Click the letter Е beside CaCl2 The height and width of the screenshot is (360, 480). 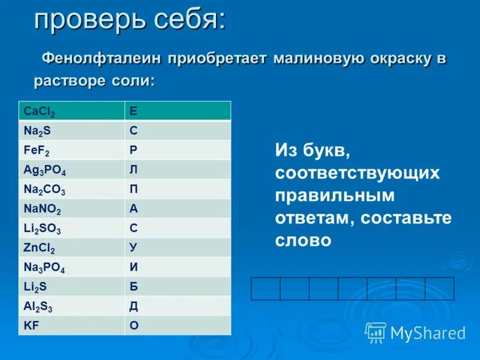[x=133, y=111]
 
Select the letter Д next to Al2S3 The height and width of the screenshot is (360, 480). [x=133, y=306]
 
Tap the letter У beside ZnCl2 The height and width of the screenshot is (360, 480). [x=133, y=248]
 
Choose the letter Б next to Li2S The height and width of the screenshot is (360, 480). [x=133, y=287]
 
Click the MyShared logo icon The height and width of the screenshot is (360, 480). [x=376, y=332]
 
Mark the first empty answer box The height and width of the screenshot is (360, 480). [x=266, y=289]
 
